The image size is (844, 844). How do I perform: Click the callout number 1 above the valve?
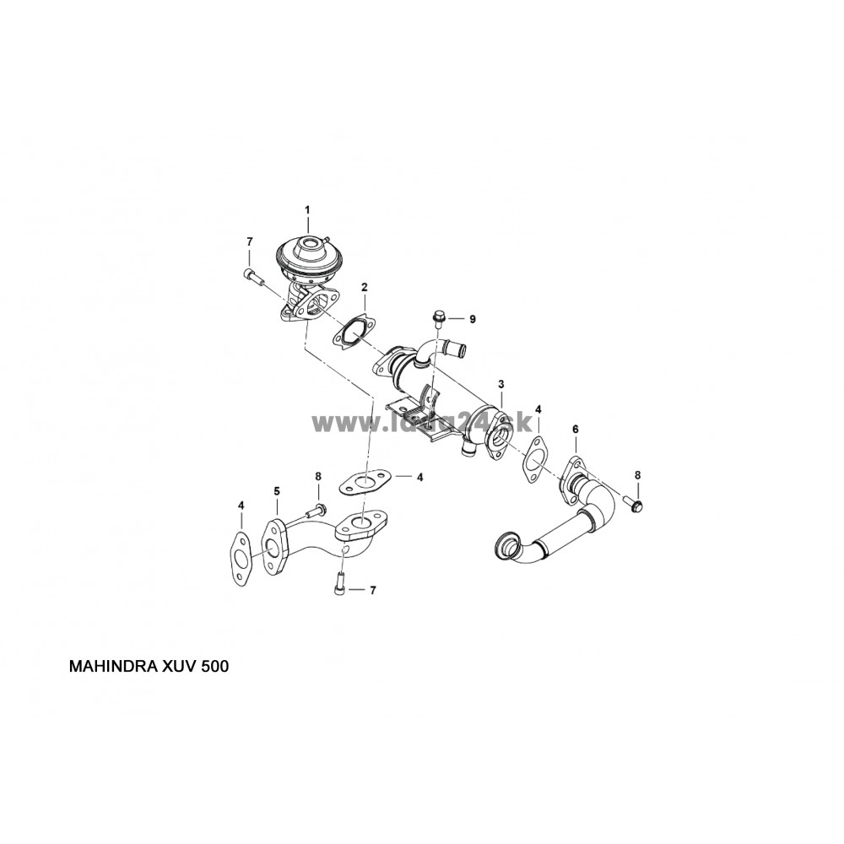coord(307,208)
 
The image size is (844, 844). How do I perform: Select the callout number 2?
coord(364,287)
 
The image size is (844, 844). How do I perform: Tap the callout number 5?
coord(275,490)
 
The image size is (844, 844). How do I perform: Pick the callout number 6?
coord(576,430)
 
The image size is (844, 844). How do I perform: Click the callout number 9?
coord(473,319)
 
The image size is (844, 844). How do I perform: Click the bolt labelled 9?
coord(439,318)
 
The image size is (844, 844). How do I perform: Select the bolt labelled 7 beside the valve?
coord(251,274)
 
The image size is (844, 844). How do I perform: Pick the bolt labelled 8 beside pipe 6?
coord(634,504)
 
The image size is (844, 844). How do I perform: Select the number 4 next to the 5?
coord(241,506)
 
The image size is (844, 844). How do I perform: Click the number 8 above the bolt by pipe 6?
coord(637,475)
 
